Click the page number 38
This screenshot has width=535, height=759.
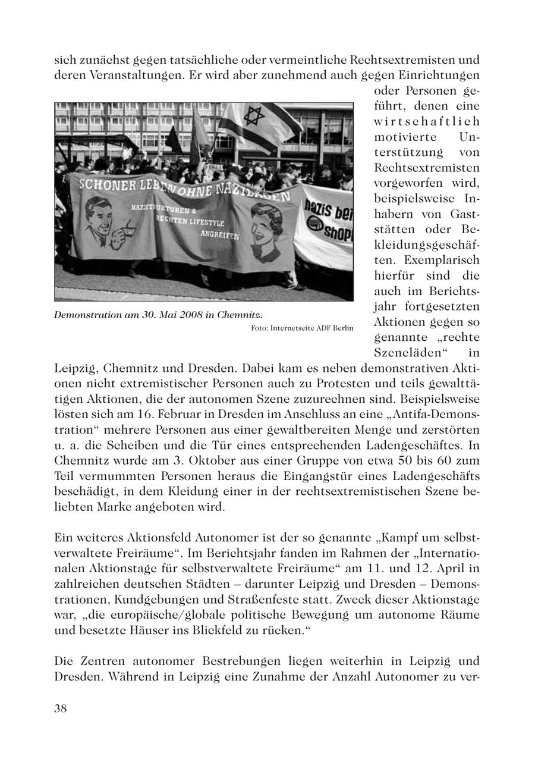(x=60, y=708)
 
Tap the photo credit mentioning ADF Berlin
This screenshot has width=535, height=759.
(x=302, y=328)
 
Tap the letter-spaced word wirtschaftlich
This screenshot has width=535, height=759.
(x=426, y=121)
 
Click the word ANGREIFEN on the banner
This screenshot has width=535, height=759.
(x=219, y=236)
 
